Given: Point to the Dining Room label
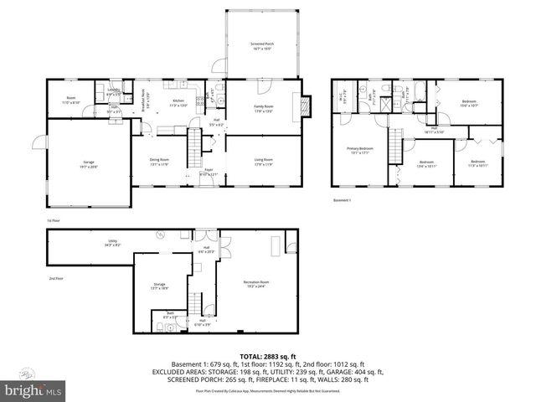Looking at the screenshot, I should pyautogui.click(x=159, y=161).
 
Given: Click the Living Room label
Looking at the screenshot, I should pyautogui.click(x=265, y=162).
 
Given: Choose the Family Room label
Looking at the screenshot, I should pyautogui.click(x=265, y=108).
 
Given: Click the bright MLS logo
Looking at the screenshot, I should pyautogui.click(x=33, y=390).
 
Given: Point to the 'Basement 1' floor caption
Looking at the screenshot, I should pyautogui.click(x=342, y=200).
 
